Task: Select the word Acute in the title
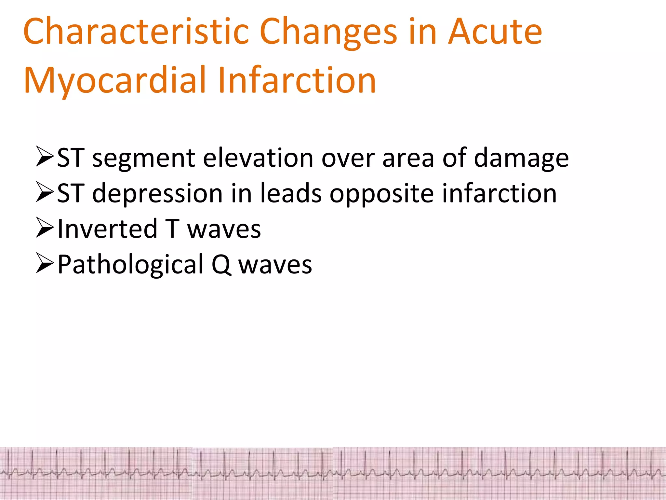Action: (x=495, y=32)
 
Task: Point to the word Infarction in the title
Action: (x=297, y=80)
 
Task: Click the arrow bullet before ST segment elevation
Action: (x=45, y=157)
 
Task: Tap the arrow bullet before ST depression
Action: (x=45, y=192)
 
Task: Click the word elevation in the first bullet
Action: (x=258, y=158)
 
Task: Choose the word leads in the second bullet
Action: (x=291, y=193)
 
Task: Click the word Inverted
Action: (x=107, y=229)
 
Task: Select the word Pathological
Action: (x=130, y=265)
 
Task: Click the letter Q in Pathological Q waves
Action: (x=221, y=265)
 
